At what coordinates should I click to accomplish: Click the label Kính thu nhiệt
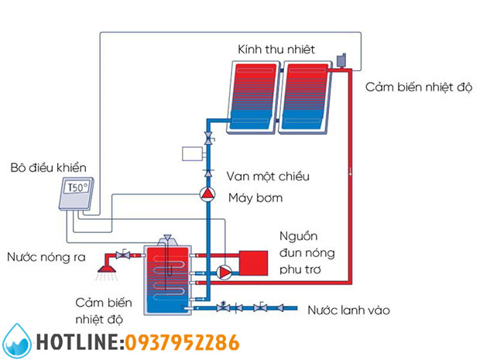276,50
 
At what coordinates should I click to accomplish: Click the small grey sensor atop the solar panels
341,60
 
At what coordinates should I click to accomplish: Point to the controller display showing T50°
78,189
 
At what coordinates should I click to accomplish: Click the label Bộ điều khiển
49,167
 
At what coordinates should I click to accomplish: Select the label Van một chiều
268,176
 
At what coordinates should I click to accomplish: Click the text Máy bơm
255,198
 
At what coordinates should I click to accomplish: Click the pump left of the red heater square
224,272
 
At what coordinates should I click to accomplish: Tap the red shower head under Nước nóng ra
101,269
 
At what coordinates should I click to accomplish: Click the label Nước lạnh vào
348,310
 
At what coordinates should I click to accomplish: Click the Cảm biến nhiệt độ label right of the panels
419,87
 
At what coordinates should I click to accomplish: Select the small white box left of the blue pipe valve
191,153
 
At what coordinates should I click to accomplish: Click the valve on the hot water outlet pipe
122,255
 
